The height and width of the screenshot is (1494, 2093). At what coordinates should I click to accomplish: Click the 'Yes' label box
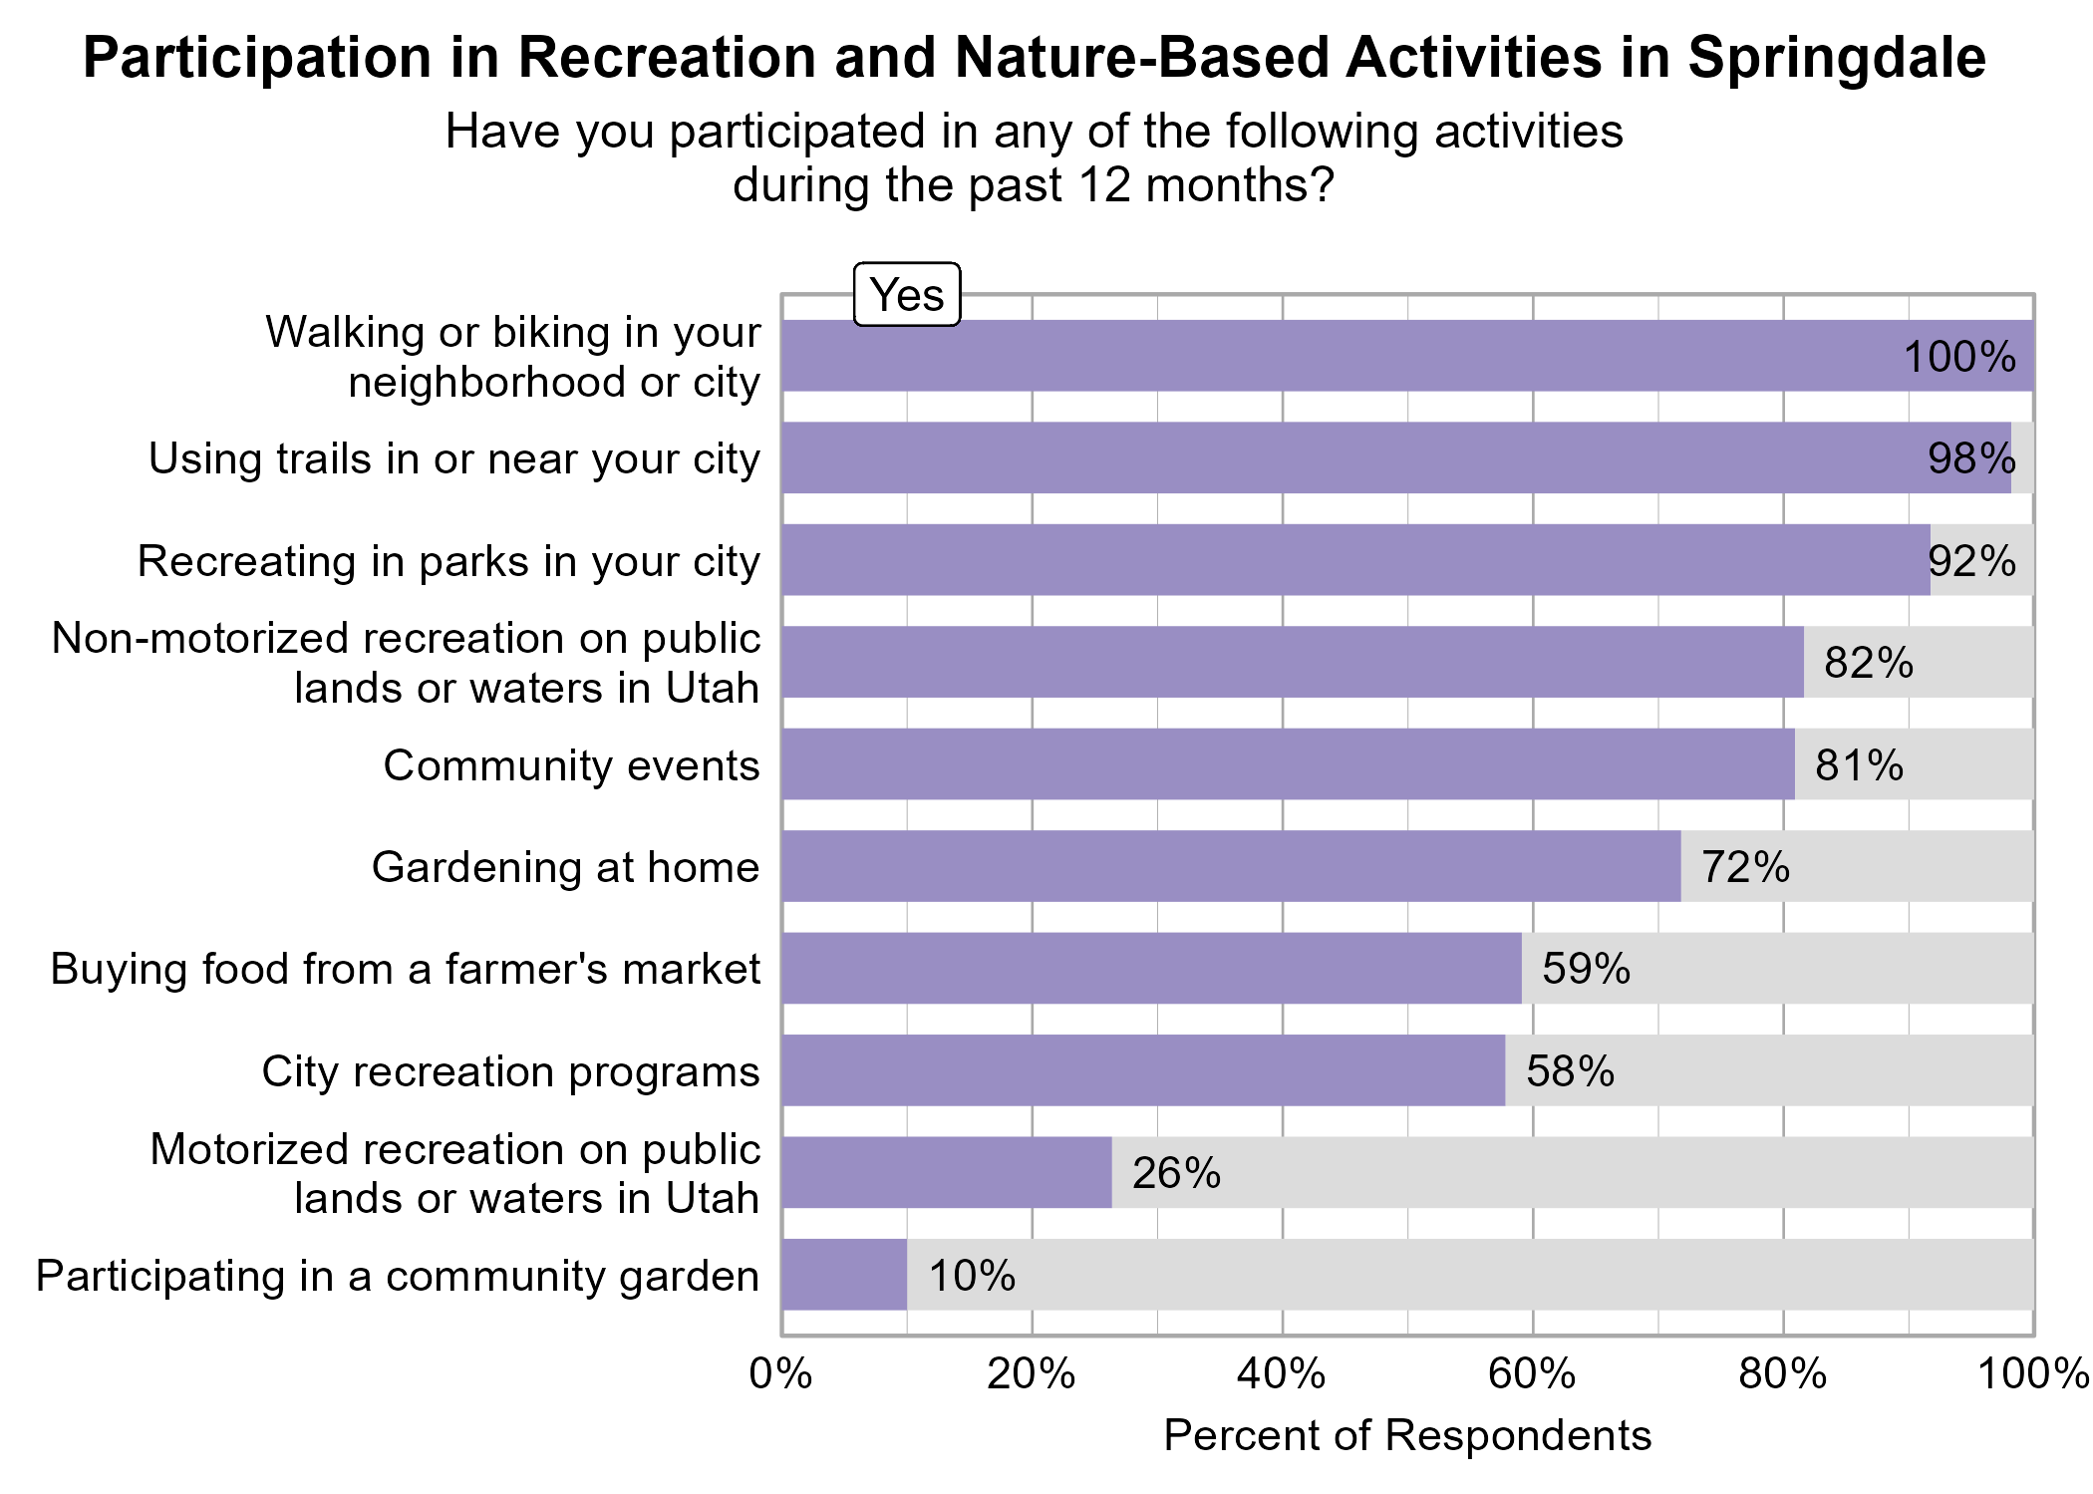coord(907,295)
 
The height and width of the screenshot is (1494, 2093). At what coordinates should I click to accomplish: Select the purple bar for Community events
coord(1288,764)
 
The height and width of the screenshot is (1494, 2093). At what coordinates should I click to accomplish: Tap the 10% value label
coord(972,1276)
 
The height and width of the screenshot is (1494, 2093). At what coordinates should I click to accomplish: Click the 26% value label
coord(1176,1173)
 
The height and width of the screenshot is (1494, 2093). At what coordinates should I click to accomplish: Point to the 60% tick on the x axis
coord(1532,1374)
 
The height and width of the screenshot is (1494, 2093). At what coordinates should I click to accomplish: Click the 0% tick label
coord(780,1374)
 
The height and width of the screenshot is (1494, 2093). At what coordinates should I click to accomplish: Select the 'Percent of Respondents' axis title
coord(1407,1436)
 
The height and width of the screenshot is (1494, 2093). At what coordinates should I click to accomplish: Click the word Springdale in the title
coord(1837,58)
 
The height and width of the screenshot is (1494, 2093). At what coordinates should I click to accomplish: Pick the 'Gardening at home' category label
coord(565,867)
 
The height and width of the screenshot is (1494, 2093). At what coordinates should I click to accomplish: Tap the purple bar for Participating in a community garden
coord(844,1276)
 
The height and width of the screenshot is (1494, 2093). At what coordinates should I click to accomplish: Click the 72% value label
coord(1745,867)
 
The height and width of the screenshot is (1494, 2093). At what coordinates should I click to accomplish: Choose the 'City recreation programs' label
coord(510,1071)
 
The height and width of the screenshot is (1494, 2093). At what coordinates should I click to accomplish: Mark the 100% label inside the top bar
coord(1959,357)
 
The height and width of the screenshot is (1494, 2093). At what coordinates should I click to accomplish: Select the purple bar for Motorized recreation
coord(946,1173)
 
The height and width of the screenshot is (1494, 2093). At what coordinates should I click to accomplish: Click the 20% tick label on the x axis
coord(1031,1374)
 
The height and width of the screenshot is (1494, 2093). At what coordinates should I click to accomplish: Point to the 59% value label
coord(1586,969)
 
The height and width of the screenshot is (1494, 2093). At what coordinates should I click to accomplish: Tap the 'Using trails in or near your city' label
coord(453,458)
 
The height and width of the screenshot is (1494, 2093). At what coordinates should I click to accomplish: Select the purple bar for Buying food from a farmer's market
coord(1151,969)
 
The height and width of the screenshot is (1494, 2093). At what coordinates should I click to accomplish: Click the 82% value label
coord(1869,663)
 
